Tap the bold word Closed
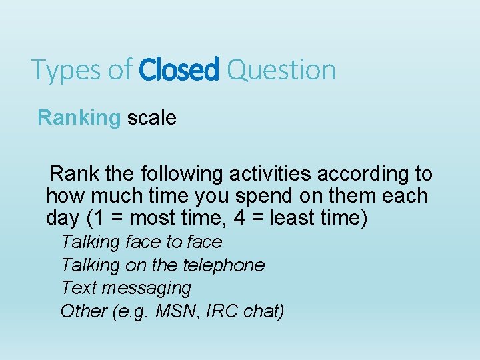[x=179, y=69]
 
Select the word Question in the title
[x=281, y=70]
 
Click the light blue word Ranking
[x=79, y=119]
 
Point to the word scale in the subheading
[x=152, y=118]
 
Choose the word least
[x=312, y=218]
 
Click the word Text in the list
[x=78, y=288]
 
